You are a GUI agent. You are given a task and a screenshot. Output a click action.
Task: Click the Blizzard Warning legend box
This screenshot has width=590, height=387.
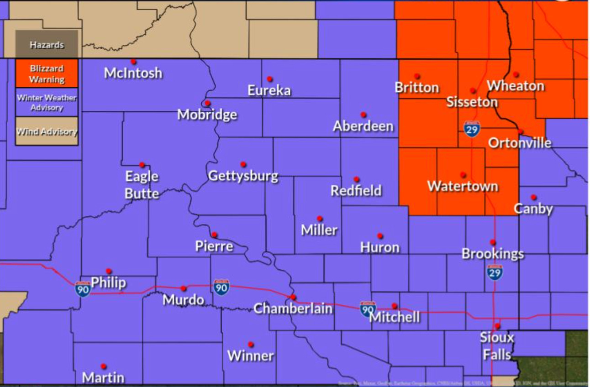coord(47,73)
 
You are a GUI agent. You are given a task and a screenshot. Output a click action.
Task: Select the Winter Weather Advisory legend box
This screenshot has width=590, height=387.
coord(47,102)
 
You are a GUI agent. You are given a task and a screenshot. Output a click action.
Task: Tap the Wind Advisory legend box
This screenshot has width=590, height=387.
coord(47,131)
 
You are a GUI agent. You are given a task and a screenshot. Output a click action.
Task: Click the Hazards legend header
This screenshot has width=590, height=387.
coord(47,45)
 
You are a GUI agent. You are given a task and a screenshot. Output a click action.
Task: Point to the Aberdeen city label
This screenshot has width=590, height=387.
coord(363,126)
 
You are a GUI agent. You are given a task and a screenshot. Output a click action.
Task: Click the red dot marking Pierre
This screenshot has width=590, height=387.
coord(214,235)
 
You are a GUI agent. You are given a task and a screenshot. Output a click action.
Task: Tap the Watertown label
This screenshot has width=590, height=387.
coord(463,186)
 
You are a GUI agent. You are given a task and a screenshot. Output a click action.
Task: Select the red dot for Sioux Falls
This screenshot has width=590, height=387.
coord(498,326)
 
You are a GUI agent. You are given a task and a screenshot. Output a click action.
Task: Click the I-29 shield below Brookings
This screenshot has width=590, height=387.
coord(495,272)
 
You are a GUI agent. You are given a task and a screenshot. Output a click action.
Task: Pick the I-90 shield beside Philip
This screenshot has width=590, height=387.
coord(83,289)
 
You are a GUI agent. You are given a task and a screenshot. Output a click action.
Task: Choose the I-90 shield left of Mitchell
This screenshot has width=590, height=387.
coord(368,309)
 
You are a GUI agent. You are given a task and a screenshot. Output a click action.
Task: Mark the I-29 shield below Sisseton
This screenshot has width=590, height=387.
coord(472,129)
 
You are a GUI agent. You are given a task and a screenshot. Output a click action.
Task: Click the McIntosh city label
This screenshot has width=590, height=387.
coord(133,73)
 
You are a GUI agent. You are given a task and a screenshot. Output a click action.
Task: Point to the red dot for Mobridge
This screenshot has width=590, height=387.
coord(207,103)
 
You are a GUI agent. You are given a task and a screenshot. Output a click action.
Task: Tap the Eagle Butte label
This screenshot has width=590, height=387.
coord(142,185)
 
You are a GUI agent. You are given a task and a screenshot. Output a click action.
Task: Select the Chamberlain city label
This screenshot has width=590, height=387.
coord(293,309)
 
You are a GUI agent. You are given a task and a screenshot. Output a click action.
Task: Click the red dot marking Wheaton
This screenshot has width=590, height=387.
coord(516,74)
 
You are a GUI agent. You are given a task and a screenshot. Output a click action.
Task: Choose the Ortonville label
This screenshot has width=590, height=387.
coord(520,143)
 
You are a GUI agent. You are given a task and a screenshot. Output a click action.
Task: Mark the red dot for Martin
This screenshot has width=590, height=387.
coord(104,366)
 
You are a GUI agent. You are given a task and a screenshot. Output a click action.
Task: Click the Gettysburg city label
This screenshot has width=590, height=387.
coord(243,176)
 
